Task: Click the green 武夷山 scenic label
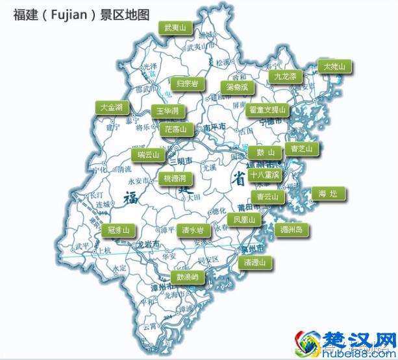[175, 28]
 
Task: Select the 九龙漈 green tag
[285, 76]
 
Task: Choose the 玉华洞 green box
[168, 112]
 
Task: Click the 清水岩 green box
[192, 230]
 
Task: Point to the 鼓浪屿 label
[187, 276]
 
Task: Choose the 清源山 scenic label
[255, 263]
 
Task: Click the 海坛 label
[329, 193]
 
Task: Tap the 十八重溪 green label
[264, 174]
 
